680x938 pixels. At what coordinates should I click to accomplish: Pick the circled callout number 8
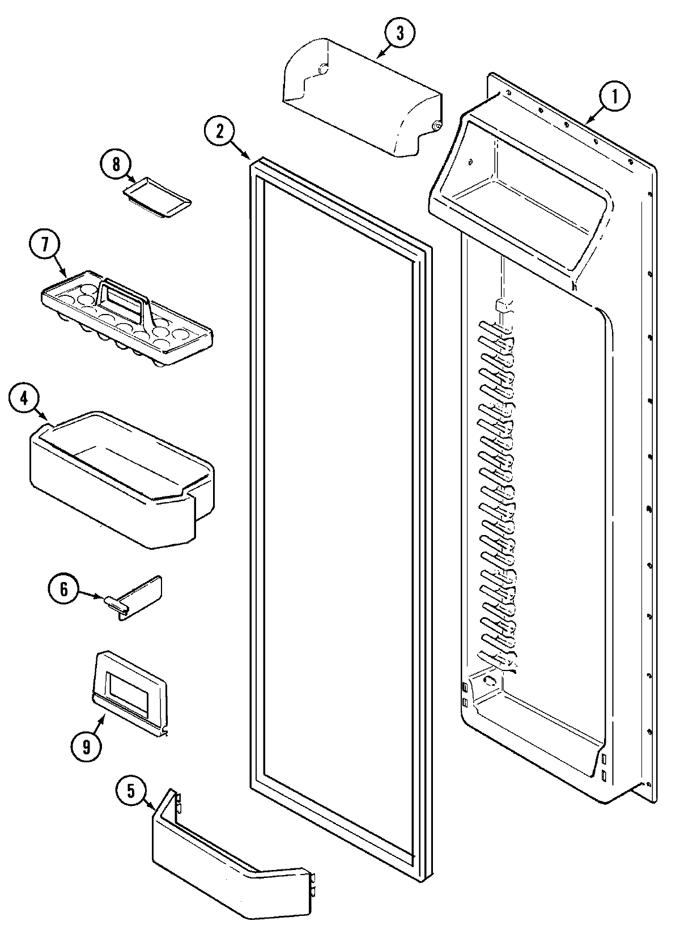pyautogui.click(x=116, y=164)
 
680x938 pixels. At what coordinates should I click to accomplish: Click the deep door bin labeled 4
pyautogui.click(x=119, y=482)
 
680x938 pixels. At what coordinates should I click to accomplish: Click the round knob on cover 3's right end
pyautogui.click(x=437, y=126)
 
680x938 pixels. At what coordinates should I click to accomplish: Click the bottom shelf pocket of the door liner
pyautogui.click(x=538, y=720)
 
